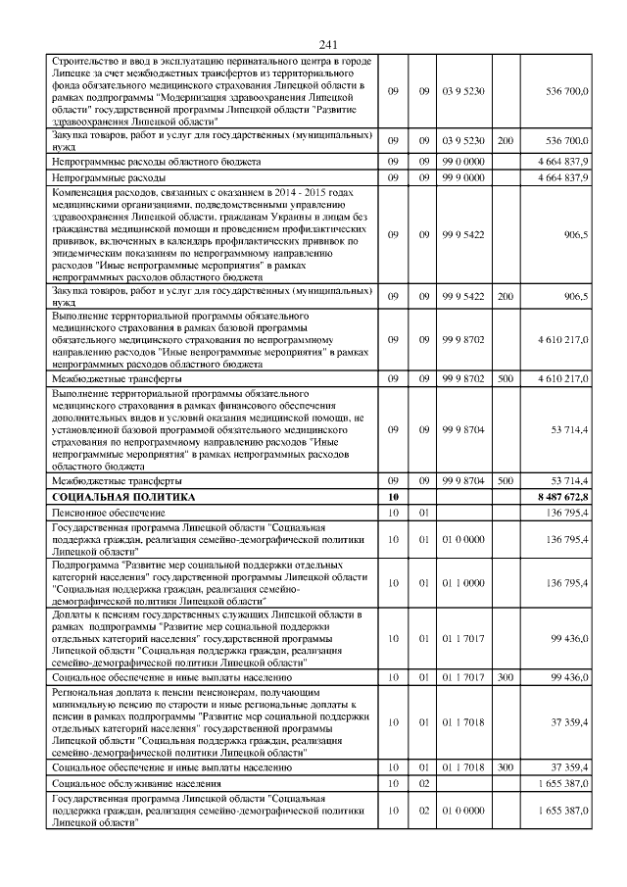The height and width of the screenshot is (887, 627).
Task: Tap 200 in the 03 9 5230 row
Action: click(505, 141)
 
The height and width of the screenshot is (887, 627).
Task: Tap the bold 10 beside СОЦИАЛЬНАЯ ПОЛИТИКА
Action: click(393, 498)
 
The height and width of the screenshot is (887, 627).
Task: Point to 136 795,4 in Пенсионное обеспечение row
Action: click(563, 512)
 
